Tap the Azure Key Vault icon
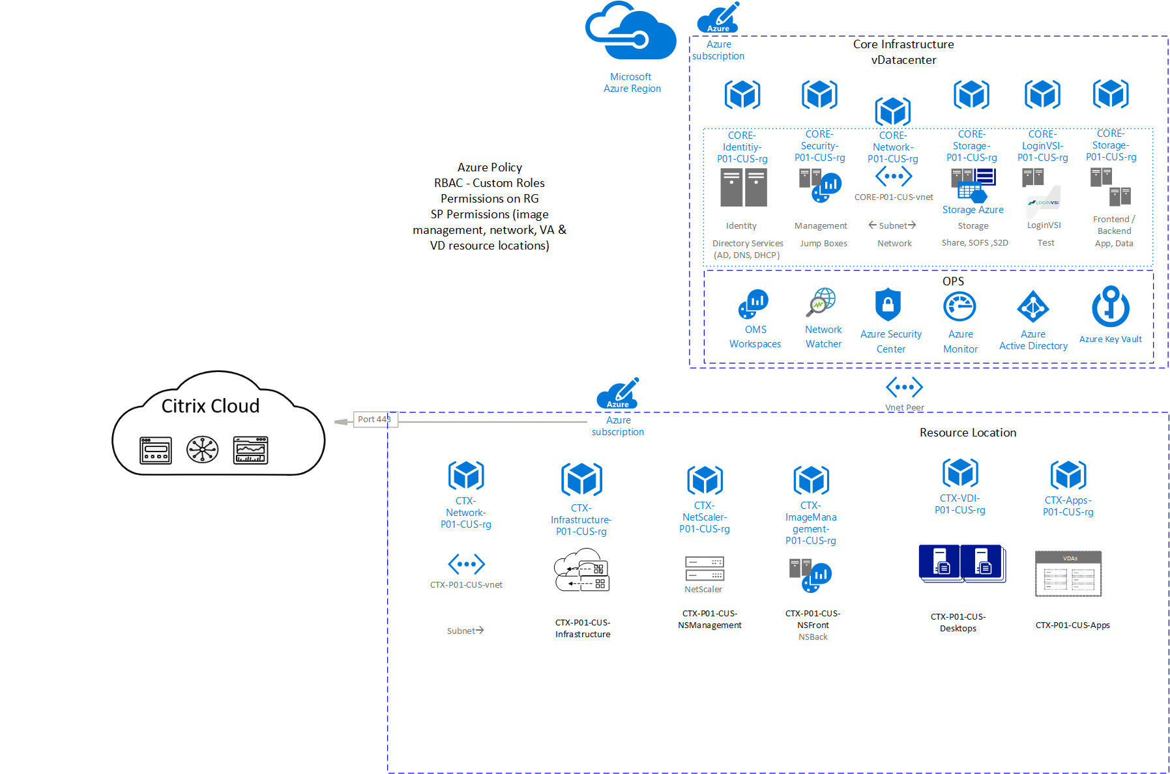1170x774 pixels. pos(1110,307)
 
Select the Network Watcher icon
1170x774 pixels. pos(823,303)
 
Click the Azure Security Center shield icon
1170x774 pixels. pos(888,305)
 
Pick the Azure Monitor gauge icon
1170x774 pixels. pos(959,307)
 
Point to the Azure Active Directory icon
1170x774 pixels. pos(1033,307)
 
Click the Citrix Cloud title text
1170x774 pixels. pos(210,406)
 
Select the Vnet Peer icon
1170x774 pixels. pos(904,387)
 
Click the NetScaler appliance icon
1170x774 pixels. pos(704,568)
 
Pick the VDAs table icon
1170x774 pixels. pos(1068,574)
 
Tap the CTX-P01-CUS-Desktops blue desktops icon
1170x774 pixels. pos(961,564)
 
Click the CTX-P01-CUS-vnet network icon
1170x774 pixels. pos(466,564)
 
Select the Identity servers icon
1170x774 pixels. pos(743,188)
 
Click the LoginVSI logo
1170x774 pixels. pos(1044,201)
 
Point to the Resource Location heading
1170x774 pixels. pos(967,433)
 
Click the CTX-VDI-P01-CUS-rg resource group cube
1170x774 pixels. pos(960,473)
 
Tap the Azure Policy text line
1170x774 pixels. pos(490,167)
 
